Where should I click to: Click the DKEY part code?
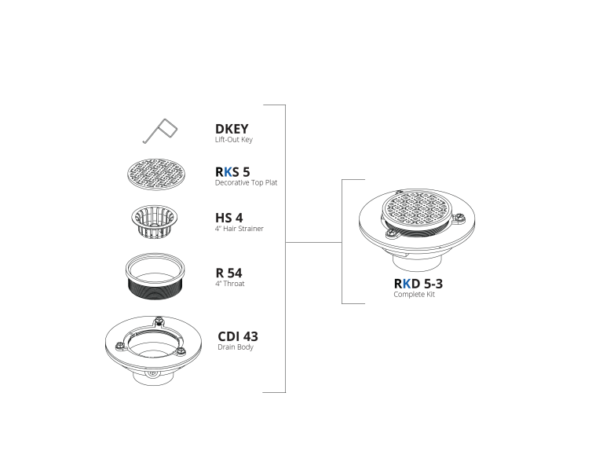232,129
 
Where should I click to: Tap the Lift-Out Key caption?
234,140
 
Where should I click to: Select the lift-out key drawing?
160,130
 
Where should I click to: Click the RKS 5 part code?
232,171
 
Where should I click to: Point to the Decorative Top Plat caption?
246,182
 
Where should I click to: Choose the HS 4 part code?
228,218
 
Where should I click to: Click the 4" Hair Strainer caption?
239,229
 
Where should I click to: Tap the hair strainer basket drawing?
155,222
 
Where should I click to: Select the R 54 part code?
228,273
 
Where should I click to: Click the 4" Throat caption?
229,284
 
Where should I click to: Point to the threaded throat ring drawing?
155,276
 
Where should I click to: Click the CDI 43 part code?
238,336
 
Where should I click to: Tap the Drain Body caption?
236,347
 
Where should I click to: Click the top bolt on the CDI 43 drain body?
158,320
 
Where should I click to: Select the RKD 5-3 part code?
418,284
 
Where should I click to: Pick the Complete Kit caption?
414,295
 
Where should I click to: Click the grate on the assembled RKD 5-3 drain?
416,208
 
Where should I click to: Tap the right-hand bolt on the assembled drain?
458,219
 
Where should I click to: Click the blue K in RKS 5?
228,171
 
